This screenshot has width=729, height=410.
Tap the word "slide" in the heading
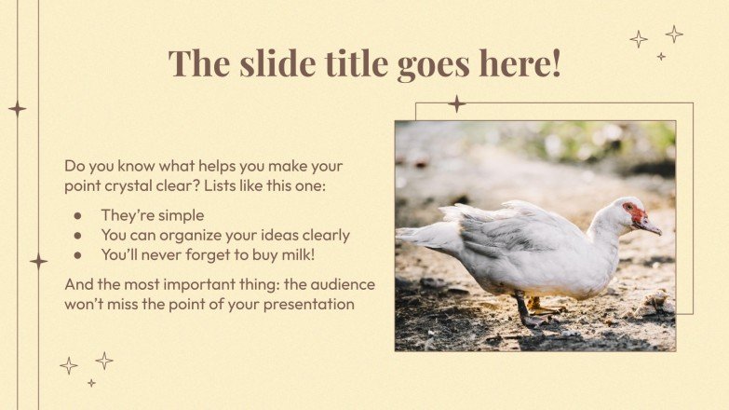pos(271,63)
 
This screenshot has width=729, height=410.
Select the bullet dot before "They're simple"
pos(77,215)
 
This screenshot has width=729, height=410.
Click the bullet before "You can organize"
pos(77,235)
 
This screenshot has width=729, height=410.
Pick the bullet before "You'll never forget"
pos(77,254)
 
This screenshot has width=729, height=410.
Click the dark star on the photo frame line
pos(456,103)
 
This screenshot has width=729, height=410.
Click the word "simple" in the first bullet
pos(180,215)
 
